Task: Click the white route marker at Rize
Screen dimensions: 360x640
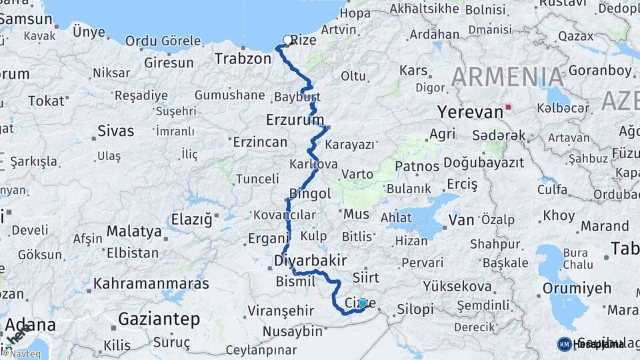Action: [x=288, y=40]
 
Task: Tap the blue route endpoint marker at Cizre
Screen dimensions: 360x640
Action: [x=363, y=303]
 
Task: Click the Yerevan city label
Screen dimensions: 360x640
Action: [x=470, y=112]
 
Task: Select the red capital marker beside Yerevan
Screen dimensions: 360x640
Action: [x=509, y=107]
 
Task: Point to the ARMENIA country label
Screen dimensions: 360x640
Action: [x=508, y=77]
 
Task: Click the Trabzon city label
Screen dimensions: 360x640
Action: [x=243, y=59]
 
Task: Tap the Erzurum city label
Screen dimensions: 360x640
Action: [x=294, y=121]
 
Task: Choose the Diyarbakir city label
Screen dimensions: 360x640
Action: [x=311, y=261]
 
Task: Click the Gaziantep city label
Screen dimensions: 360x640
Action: [x=159, y=320]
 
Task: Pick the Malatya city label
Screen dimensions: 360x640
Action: [x=134, y=232]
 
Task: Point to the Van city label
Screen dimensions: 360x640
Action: [x=461, y=219]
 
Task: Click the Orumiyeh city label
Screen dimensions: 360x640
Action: [x=577, y=289]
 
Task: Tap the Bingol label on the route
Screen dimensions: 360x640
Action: [x=310, y=194]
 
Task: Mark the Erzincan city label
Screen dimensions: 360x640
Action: [x=260, y=142]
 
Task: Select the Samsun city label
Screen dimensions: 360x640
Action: [x=25, y=19]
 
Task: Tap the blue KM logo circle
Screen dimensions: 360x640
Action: [x=564, y=344]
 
